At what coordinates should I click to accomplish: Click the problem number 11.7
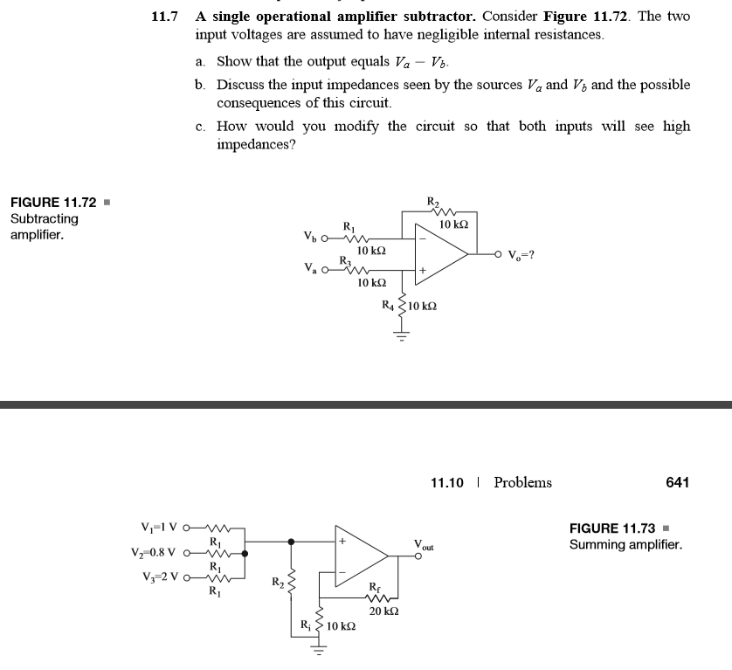(x=165, y=17)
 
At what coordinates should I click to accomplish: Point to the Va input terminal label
(x=310, y=269)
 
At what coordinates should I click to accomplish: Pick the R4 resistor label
(x=389, y=305)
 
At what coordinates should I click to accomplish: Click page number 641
(x=677, y=482)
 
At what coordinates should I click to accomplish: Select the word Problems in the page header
(x=522, y=482)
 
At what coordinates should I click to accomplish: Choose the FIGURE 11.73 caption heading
(x=611, y=528)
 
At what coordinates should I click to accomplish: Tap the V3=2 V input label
(x=160, y=576)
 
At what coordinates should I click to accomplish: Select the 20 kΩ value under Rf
(x=383, y=611)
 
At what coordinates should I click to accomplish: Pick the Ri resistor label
(x=305, y=625)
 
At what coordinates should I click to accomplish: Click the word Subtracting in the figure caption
(x=44, y=218)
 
